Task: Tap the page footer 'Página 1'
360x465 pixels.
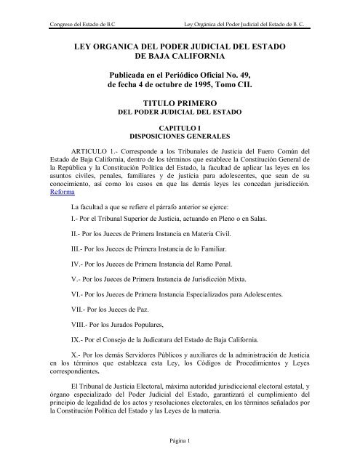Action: pyautogui.click(x=180, y=440)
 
